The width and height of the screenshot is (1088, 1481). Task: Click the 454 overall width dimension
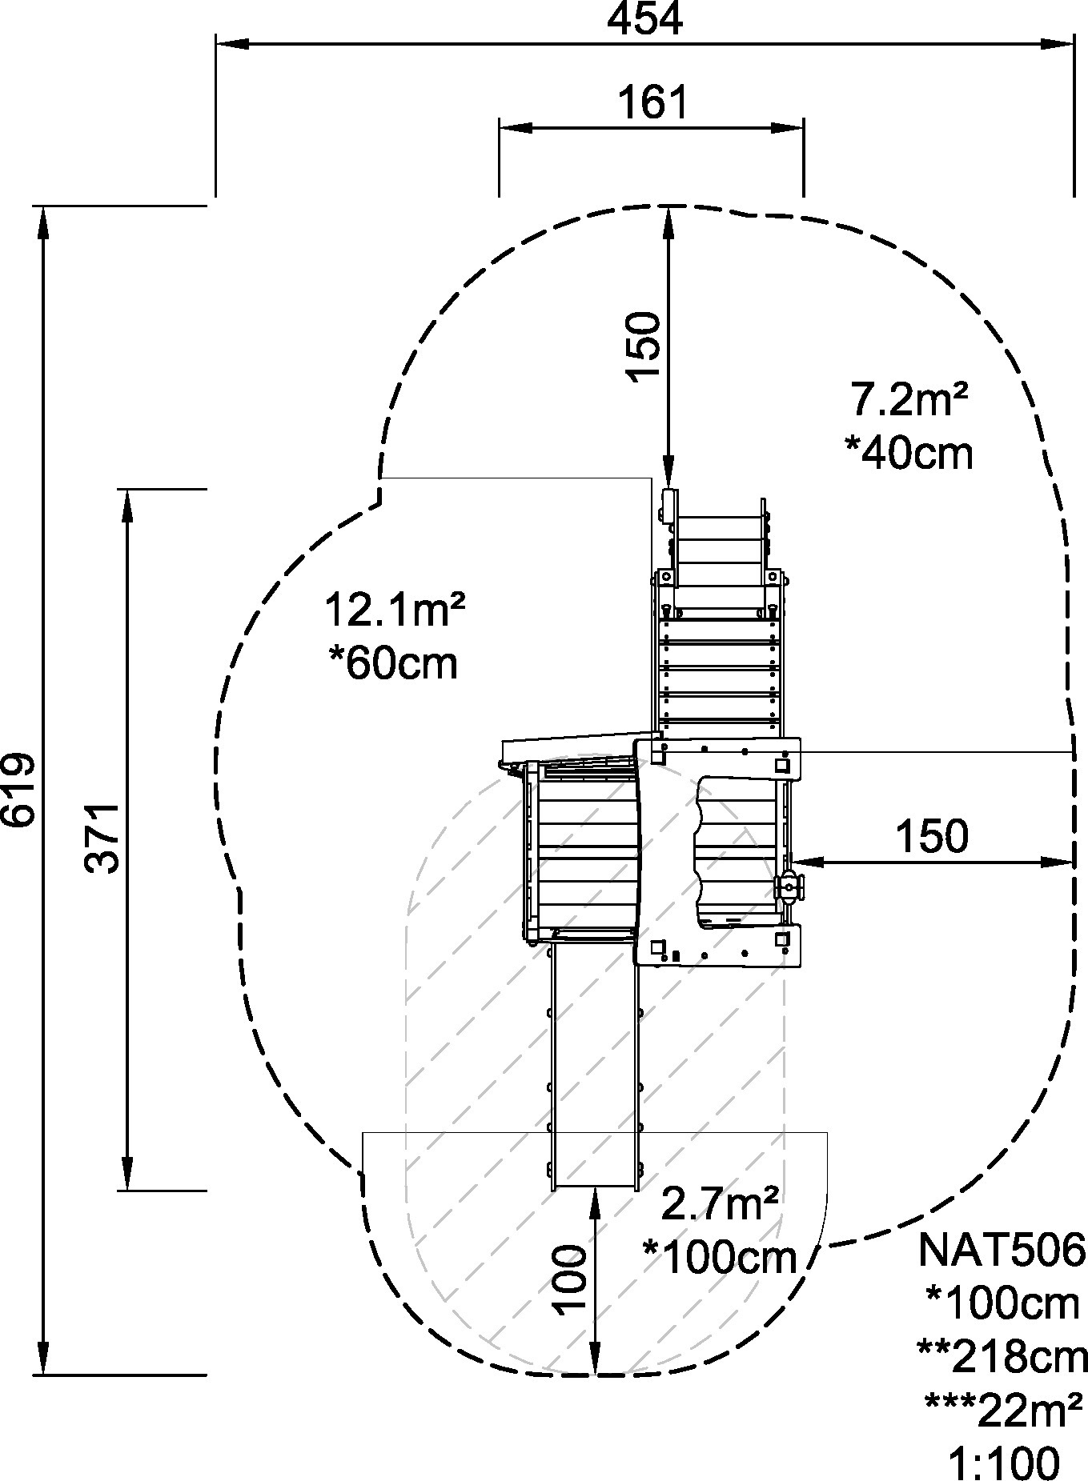click(x=644, y=19)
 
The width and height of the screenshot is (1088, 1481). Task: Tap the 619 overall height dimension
click(x=19, y=790)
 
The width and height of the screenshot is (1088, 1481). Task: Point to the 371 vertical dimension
click(x=102, y=839)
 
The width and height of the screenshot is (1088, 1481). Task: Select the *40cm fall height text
click(x=909, y=452)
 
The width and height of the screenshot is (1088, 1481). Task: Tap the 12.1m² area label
click(x=394, y=610)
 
